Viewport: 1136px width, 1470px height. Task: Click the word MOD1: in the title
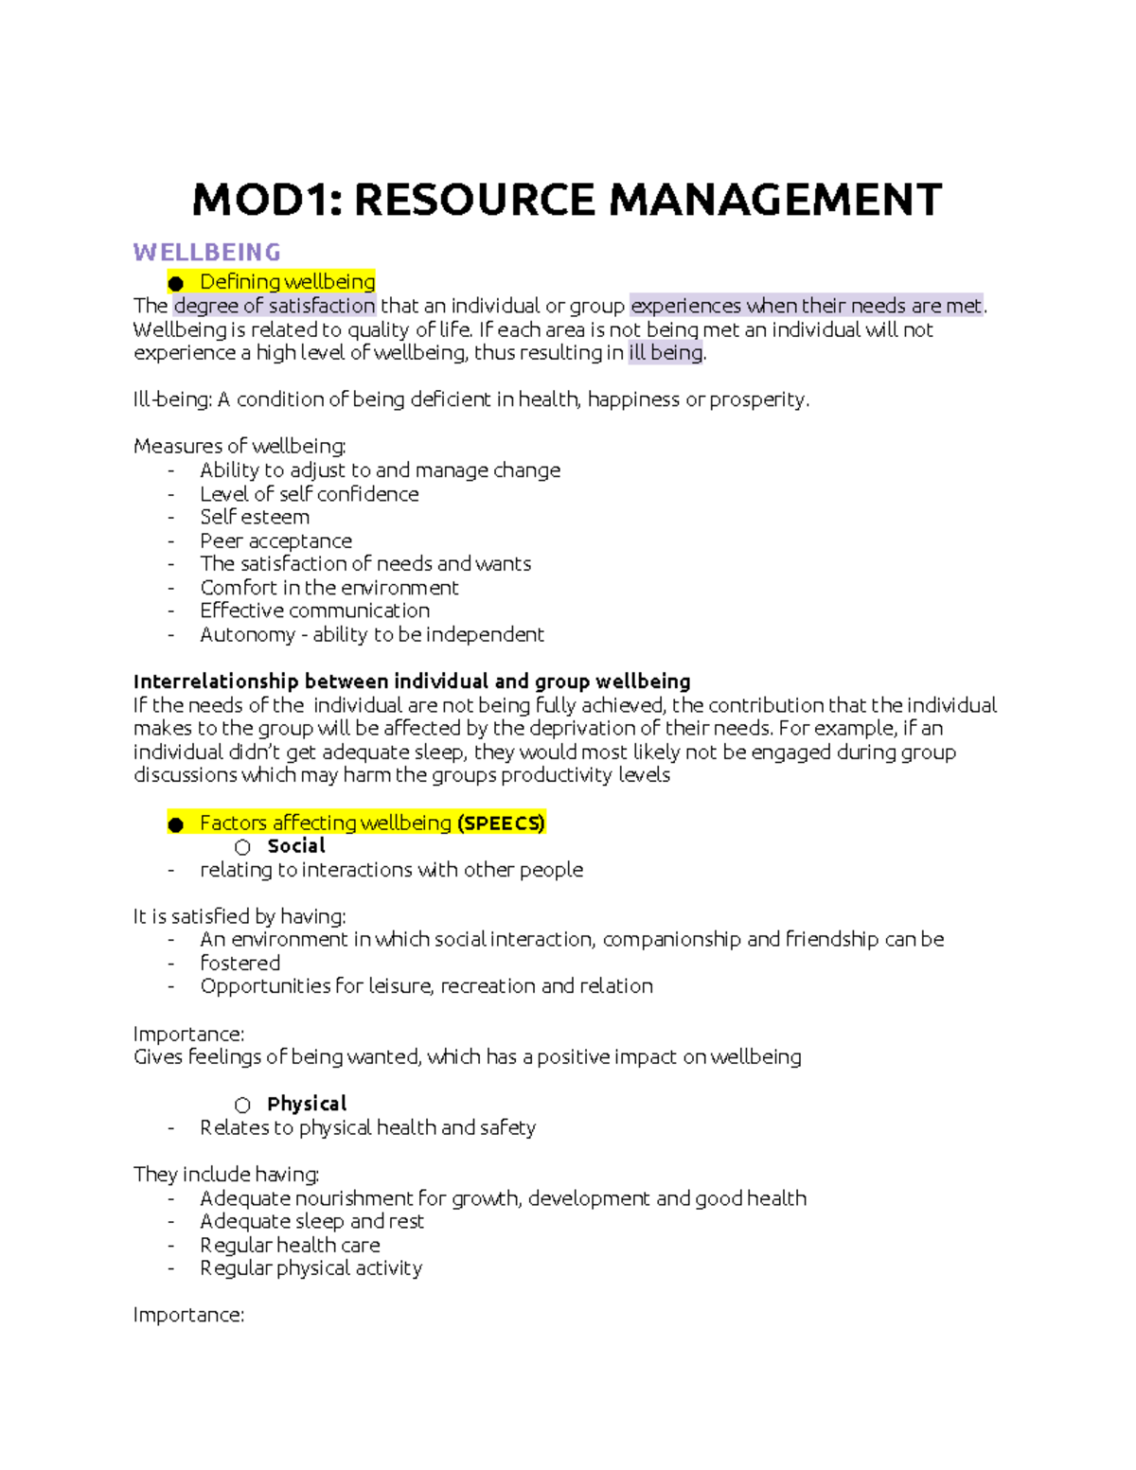[x=266, y=201]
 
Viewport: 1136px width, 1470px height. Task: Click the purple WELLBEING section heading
[x=206, y=253]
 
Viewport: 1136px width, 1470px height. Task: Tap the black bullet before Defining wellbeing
[x=175, y=283]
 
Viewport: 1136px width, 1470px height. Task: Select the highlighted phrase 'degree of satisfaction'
[x=275, y=306]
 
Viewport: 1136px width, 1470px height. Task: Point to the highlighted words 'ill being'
[x=666, y=353]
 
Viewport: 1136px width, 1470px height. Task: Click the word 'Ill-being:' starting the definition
[x=172, y=399]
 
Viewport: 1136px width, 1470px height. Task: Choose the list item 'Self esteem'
[x=254, y=517]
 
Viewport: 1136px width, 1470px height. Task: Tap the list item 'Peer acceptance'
[x=275, y=540]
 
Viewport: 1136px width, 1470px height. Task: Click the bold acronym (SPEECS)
[x=501, y=824]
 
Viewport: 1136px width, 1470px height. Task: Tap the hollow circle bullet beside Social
[x=242, y=847]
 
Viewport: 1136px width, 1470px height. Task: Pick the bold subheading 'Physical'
[x=307, y=1104]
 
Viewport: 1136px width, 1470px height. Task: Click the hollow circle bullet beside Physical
[x=242, y=1105]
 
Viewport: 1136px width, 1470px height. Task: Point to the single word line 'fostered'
[x=240, y=964]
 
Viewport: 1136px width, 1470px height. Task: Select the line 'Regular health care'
[x=290, y=1245]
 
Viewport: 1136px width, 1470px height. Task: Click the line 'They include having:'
[x=226, y=1175]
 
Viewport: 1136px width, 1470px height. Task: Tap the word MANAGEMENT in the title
[x=775, y=201]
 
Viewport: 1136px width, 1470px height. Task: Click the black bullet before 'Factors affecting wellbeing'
[x=175, y=824]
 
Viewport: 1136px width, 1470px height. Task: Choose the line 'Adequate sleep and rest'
[x=311, y=1221]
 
